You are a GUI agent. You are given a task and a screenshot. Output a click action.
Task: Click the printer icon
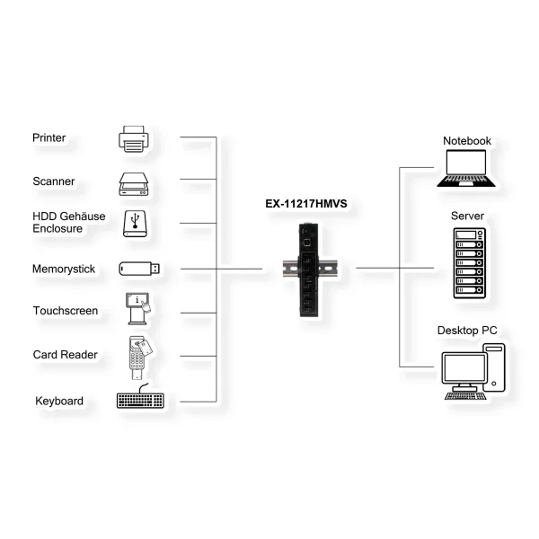click(x=134, y=139)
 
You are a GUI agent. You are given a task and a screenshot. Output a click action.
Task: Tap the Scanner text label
click(x=54, y=181)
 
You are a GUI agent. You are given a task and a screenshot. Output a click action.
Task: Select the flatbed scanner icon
click(x=134, y=184)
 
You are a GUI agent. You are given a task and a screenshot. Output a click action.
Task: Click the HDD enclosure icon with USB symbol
click(x=135, y=224)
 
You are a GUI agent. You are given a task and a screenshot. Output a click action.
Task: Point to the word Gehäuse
click(x=84, y=216)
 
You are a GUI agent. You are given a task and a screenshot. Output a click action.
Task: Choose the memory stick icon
click(x=139, y=269)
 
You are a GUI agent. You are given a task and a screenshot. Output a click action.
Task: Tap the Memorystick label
click(x=64, y=269)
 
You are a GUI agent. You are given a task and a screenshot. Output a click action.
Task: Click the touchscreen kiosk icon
click(x=138, y=308)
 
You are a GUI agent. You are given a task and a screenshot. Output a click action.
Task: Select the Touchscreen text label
click(x=66, y=311)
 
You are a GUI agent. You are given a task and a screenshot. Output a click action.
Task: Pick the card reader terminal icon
click(x=140, y=358)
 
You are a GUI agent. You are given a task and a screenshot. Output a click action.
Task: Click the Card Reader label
click(x=66, y=355)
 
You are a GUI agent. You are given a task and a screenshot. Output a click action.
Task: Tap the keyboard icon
click(x=140, y=397)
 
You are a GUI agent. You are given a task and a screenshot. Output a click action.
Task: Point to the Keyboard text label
click(x=59, y=401)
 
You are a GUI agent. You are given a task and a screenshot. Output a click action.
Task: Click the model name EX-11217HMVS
click(x=306, y=204)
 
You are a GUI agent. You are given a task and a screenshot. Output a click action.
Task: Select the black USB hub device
click(x=309, y=270)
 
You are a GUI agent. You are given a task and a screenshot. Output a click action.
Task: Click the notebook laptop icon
click(x=466, y=168)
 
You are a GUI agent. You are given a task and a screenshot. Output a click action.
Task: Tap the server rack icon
click(x=470, y=263)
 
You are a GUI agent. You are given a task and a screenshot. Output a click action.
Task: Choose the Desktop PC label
click(x=467, y=331)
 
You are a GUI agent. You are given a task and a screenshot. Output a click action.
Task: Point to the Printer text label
click(x=49, y=137)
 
